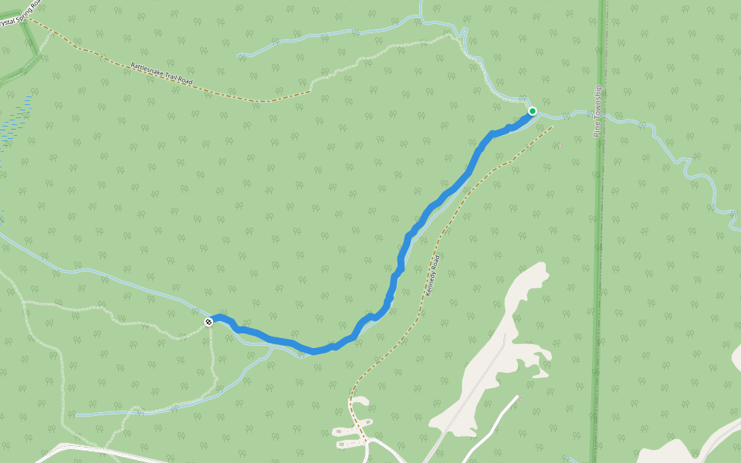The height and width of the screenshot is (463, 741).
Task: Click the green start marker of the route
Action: [533, 111]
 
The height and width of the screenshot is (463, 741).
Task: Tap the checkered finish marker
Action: [208, 321]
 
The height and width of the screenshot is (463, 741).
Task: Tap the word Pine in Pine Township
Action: [597, 129]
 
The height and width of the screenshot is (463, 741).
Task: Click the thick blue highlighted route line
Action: [432, 207]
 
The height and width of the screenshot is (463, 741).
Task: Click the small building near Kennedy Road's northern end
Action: [559, 144]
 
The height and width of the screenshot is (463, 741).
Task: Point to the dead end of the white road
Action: [516, 397]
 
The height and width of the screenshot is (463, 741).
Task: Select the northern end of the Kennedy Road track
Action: [553, 127]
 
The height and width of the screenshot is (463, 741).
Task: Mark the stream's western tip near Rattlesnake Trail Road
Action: [241, 55]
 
